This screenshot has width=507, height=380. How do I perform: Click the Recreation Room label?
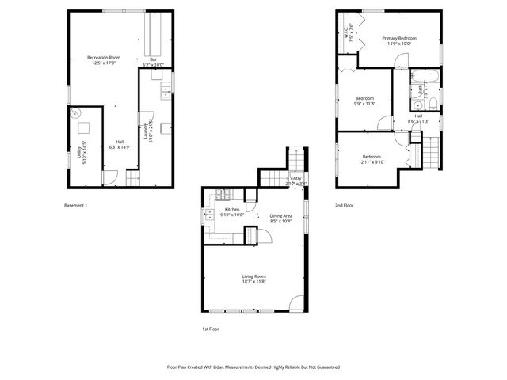click(103, 58)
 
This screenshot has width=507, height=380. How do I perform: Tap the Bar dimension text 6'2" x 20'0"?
click(152, 64)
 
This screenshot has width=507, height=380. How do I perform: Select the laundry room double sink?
click(166, 91)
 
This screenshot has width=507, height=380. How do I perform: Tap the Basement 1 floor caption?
click(75, 205)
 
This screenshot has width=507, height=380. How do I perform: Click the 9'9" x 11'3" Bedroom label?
click(364, 101)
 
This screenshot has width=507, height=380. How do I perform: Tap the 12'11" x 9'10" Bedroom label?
click(371, 159)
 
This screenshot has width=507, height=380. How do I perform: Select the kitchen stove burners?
click(222, 195)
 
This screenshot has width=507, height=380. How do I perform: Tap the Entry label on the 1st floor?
click(295, 180)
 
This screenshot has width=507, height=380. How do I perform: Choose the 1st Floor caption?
click(210, 328)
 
